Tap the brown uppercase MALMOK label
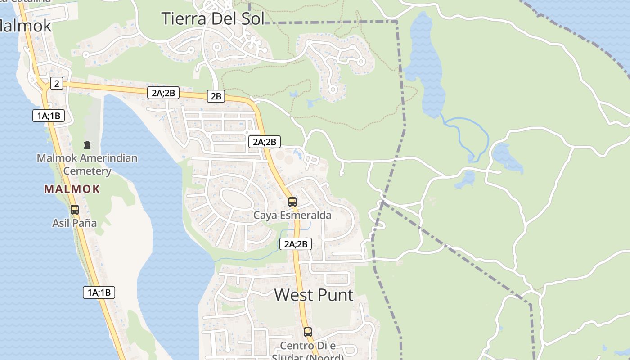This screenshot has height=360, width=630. [x=72, y=189]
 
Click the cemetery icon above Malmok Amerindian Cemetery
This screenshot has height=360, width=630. [x=87, y=145]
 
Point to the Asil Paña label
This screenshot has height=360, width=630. [x=75, y=223]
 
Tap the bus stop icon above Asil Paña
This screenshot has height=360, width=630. [x=75, y=209]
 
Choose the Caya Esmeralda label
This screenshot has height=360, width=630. [x=292, y=215]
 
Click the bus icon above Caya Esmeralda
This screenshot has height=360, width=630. [x=292, y=202]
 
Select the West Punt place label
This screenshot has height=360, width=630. [x=314, y=295]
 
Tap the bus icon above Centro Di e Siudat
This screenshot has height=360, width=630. [x=308, y=332]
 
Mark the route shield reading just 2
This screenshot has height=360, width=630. [x=56, y=83]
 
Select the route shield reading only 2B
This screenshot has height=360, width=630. [x=216, y=96]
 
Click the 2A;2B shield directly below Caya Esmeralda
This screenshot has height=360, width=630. [x=295, y=244]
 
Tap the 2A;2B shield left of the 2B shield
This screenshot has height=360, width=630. [x=163, y=93]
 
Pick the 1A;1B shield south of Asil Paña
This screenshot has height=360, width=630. [x=99, y=292]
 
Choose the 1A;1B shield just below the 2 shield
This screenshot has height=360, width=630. [x=49, y=116]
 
